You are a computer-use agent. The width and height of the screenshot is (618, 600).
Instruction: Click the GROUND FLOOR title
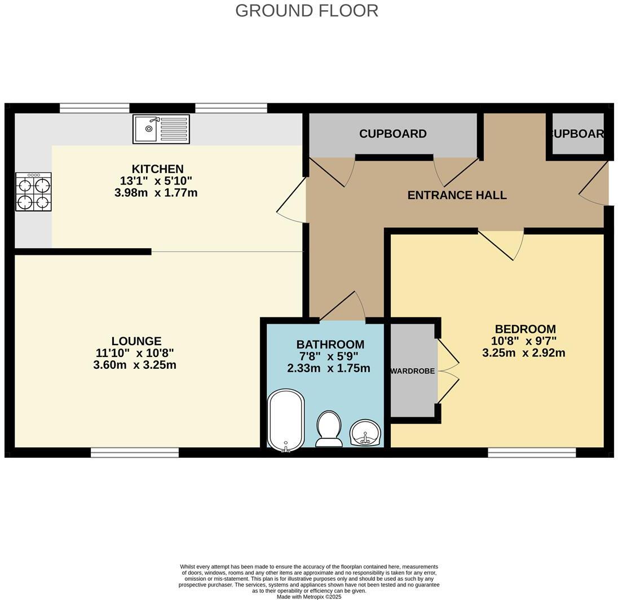coord(306,11)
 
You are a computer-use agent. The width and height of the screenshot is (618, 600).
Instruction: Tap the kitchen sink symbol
coord(161,129)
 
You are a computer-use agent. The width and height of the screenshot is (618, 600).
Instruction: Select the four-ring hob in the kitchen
coord(33,192)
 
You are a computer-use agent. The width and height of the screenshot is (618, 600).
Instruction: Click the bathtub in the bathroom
coord(286,420)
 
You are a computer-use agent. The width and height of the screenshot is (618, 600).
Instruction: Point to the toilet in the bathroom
coord(329,429)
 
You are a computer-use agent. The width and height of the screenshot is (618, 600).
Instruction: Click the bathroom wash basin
coord(365,433)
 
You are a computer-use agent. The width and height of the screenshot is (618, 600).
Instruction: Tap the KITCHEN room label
coord(157,169)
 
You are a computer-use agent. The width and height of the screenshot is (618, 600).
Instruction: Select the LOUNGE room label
coord(136,341)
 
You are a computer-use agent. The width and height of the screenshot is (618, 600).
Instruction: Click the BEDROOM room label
coord(525,329)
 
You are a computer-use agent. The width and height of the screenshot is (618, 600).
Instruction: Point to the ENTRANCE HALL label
coord(457,195)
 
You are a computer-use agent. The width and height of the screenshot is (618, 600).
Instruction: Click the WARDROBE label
coord(413,371)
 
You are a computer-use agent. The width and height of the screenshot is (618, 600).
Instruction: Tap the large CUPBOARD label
coord(392,134)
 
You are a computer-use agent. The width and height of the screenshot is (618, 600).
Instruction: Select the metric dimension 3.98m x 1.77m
coord(156,193)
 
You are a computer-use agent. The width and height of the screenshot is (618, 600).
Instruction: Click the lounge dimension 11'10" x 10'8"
coord(135,353)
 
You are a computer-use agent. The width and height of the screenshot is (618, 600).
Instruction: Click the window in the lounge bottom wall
coord(135,452)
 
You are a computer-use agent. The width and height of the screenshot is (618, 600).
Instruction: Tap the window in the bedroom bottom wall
coord(531,452)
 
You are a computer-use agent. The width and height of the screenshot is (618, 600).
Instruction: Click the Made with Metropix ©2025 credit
coord(309,596)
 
